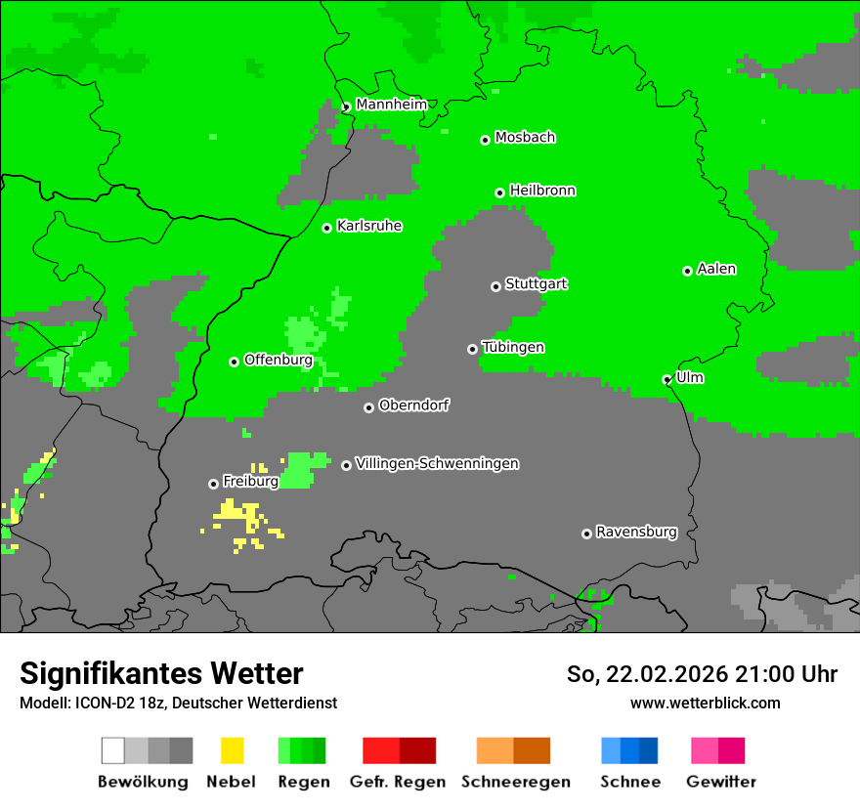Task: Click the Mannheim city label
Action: tap(392, 105)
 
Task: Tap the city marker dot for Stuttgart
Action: tap(495, 286)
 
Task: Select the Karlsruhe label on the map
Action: tap(369, 226)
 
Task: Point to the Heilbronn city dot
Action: tap(499, 192)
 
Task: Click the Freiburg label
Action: tap(250, 482)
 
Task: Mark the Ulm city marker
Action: tap(667, 379)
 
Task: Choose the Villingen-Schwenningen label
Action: tap(437, 464)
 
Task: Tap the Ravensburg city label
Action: tap(636, 533)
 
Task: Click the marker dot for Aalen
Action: tap(687, 271)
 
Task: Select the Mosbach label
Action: tap(525, 138)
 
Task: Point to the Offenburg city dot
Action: tap(234, 362)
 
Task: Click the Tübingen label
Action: tap(513, 348)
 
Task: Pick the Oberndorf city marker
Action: tap(368, 407)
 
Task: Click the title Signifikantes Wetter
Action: tap(161, 673)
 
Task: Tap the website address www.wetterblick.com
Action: tap(705, 703)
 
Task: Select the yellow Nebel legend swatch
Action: tap(232, 750)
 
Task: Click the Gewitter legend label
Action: tap(720, 782)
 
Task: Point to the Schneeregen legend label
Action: tap(516, 782)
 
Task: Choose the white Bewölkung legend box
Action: tap(112, 750)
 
